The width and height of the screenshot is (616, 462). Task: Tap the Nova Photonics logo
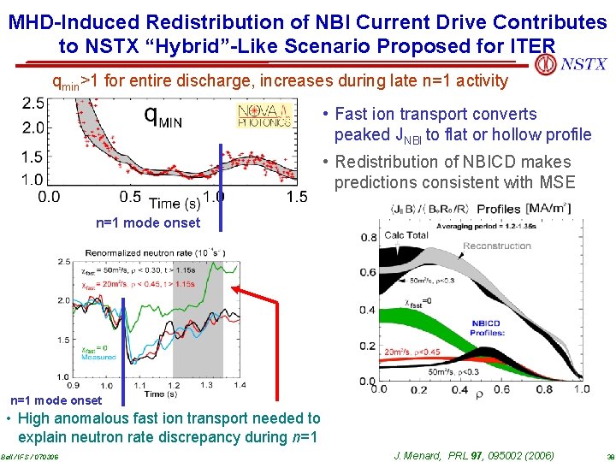[264, 115]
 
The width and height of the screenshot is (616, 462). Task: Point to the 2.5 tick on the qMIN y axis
[33, 104]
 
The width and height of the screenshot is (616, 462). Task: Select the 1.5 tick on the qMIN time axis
[296, 196]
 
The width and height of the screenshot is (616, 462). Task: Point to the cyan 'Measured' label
[97, 357]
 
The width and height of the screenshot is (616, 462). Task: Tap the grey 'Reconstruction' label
[496, 246]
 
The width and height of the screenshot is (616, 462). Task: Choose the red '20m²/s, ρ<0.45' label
[412, 352]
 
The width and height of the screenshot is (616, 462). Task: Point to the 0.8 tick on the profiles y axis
[367, 237]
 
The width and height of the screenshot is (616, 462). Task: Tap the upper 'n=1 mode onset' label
[147, 222]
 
